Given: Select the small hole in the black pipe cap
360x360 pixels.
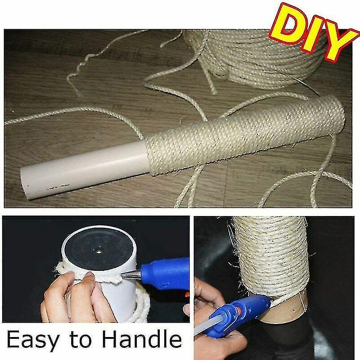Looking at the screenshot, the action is coord(98,251).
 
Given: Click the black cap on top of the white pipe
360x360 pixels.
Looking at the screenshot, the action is coord(99,250).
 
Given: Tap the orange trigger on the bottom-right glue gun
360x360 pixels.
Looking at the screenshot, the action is coord(239,311).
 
